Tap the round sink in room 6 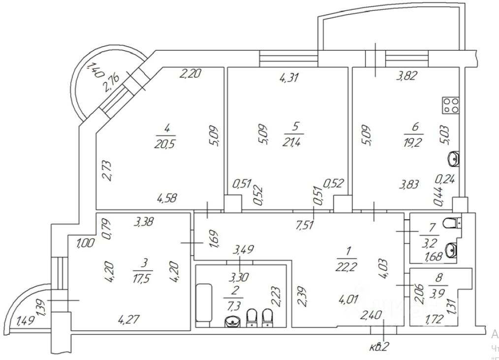point(454,159)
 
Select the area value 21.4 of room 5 point(295,142)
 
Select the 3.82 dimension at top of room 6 point(408,76)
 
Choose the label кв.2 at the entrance point(378,347)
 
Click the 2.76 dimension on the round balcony point(111,82)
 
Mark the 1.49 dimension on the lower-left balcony point(26,322)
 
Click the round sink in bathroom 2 point(233,322)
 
